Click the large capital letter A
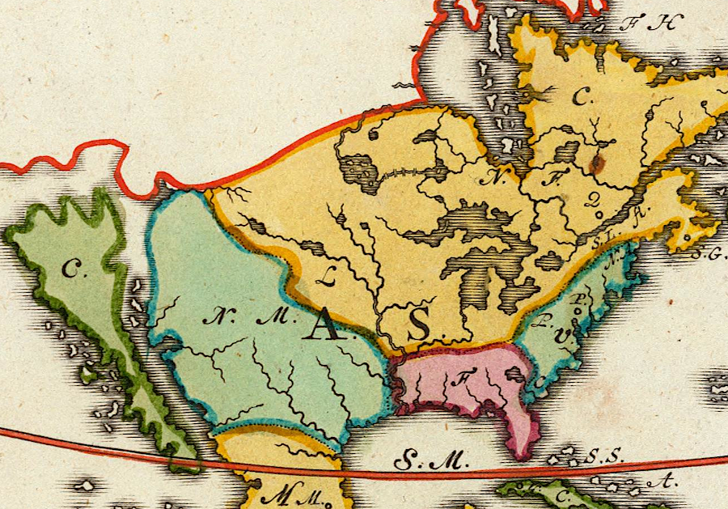[x=323, y=325]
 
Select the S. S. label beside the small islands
[x=607, y=456]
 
